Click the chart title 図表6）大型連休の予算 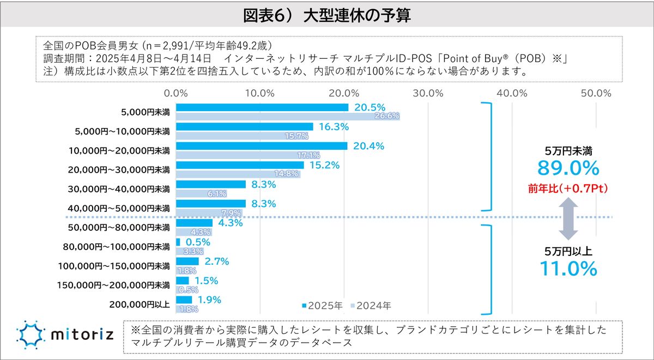[x=327, y=15]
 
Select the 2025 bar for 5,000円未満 [x=262, y=107]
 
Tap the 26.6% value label [x=387, y=116]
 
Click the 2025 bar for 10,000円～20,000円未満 [x=262, y=146]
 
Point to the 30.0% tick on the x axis [x=428, y=93]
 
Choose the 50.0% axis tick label [x=596, y=93]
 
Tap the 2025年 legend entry [x=322, y=306]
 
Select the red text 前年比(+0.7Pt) [x=568, y=188]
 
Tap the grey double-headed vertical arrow [x=568, y=219]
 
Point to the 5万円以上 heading [x=568, y=251]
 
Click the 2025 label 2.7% [x=216, y=261]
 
